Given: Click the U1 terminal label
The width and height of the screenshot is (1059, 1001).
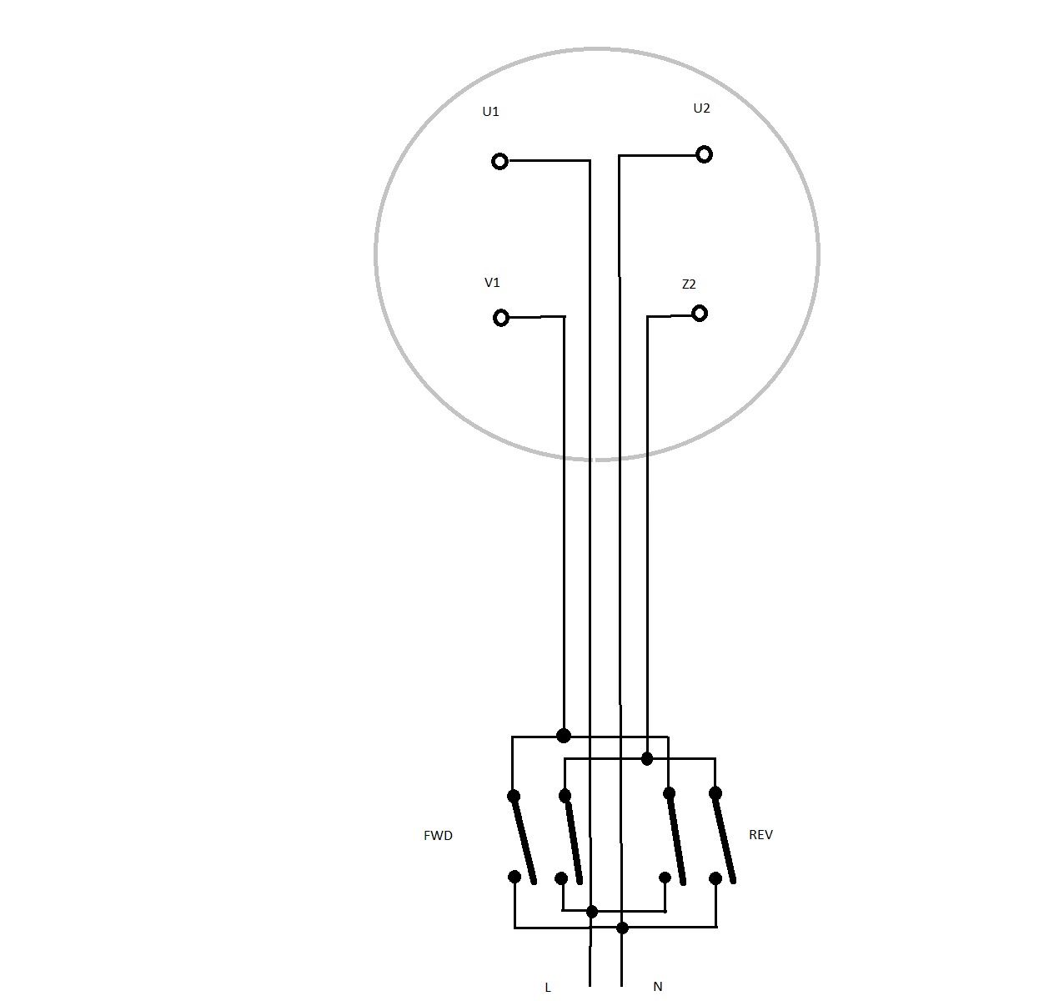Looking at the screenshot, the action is click(x=490, y=112).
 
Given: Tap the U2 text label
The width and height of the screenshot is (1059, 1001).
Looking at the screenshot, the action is click(x=701, y=108).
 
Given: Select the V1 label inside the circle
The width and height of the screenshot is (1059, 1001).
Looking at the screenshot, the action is click(x=492, y=282).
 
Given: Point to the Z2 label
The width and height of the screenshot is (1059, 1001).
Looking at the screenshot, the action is click(x=689, y=284).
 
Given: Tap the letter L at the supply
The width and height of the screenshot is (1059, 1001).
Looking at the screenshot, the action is click(x=548, y=988).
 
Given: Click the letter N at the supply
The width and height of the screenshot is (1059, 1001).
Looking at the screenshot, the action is click(x=657, y=987).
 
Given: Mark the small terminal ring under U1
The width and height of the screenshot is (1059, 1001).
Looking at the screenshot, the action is click(x=499, y=161).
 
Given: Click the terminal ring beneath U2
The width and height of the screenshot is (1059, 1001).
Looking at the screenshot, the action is click(x=705, y=155).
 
